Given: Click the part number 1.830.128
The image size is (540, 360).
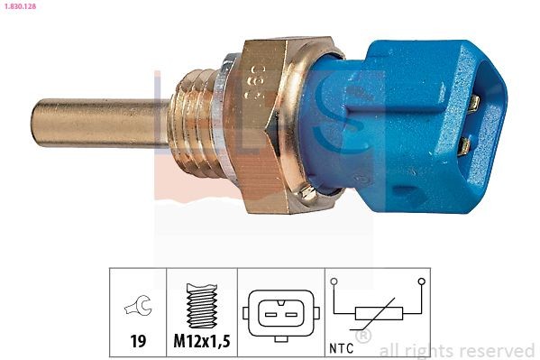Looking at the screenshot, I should click(18, 6).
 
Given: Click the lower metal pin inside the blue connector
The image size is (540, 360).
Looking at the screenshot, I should click(466, 145).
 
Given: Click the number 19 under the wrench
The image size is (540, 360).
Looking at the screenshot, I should click(138, 342).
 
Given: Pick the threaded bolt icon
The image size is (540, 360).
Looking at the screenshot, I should click(201, 306).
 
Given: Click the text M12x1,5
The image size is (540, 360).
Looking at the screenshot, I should click(201, 342).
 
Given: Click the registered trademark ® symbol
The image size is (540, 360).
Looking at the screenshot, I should click(362, 337).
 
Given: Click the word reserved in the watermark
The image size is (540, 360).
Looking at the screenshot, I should click(499, 350).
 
